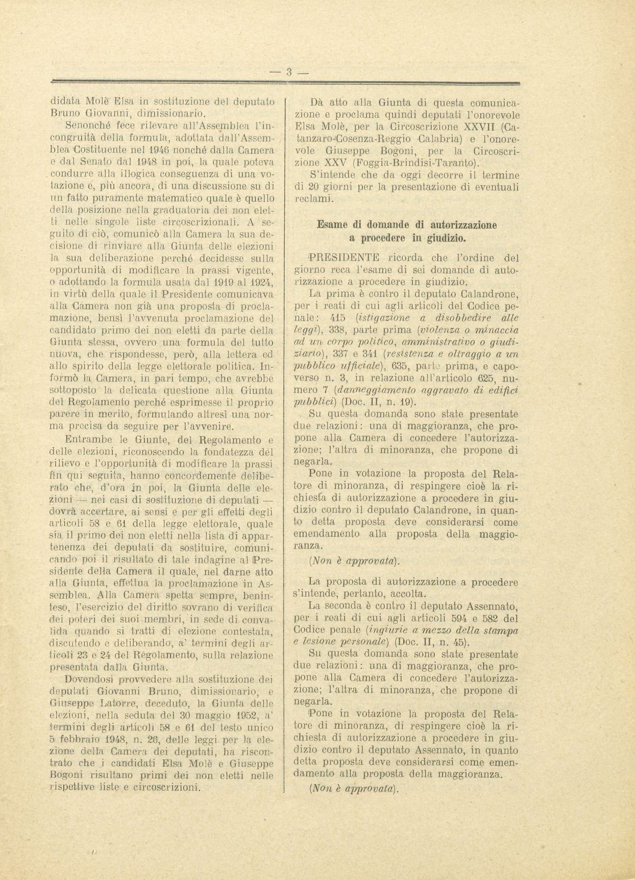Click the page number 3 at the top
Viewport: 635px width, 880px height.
[288, 72]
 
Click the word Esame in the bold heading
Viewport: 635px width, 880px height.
[333, 224]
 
